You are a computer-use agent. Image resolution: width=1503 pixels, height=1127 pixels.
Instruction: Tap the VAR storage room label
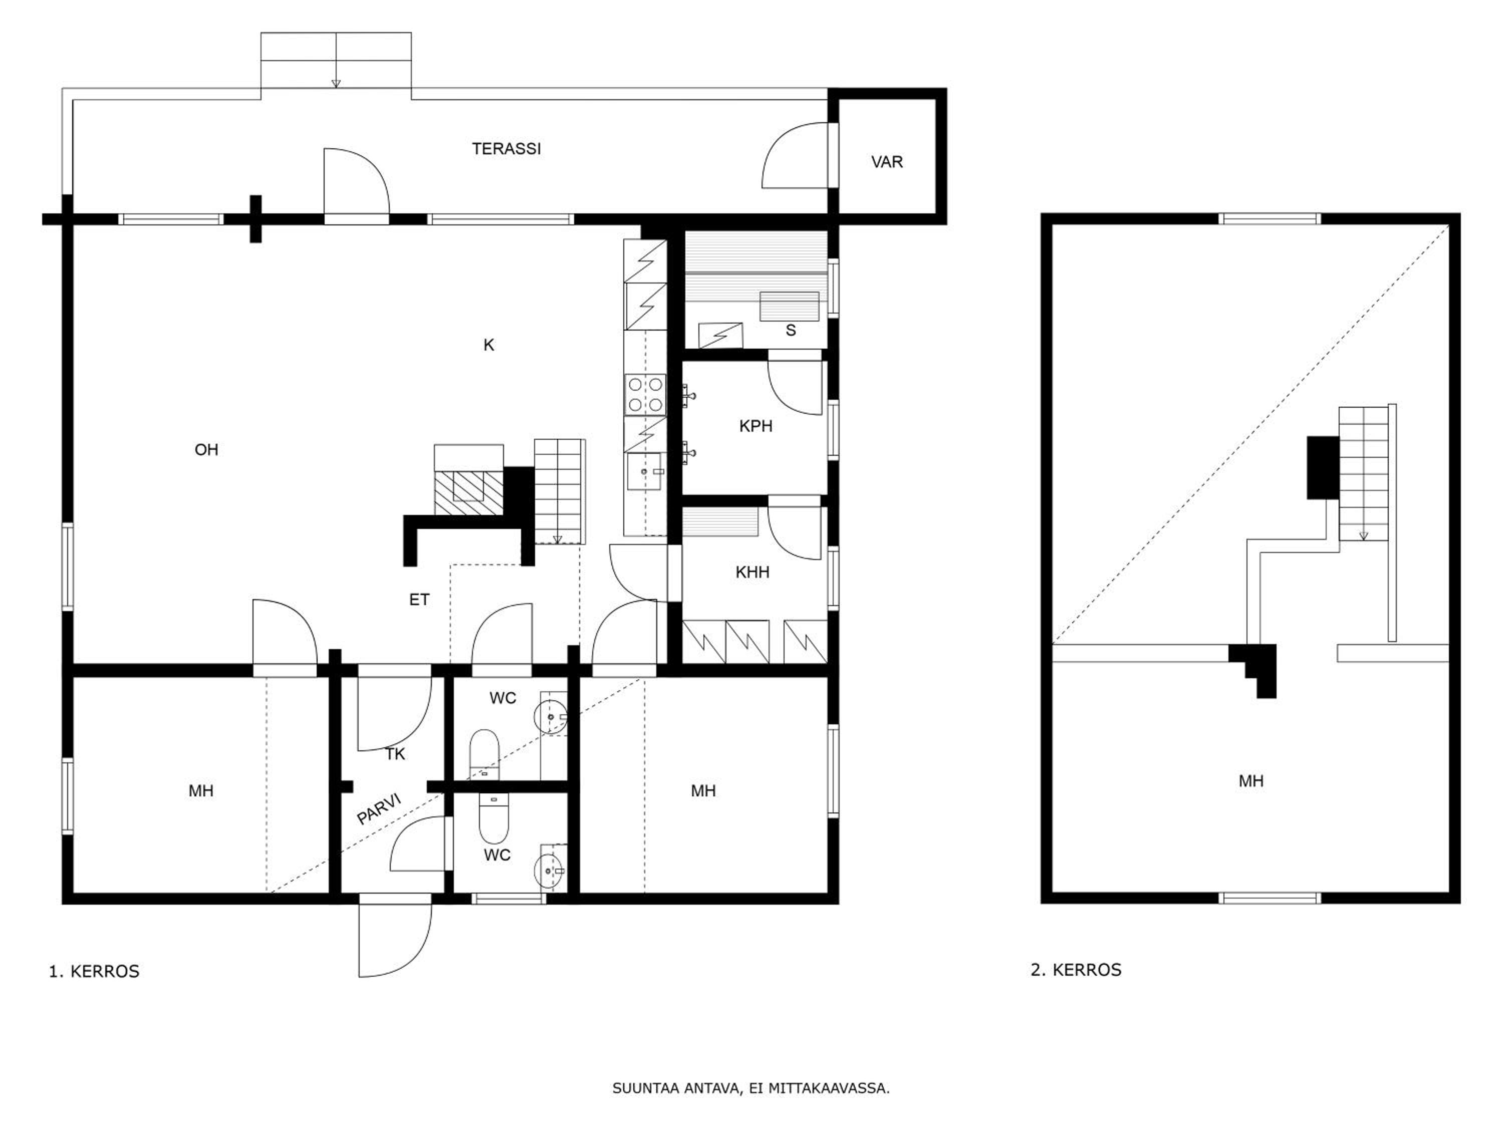[x=887, y=162]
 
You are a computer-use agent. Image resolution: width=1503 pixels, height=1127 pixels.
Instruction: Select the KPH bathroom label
[x=756, y=426]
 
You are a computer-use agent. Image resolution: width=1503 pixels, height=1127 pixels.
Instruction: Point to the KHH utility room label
[x=752, y=572]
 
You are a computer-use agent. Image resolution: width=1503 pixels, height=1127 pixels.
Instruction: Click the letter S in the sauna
[x=790, y=330]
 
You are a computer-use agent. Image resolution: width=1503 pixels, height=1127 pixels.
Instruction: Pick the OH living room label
[x=206, y=450]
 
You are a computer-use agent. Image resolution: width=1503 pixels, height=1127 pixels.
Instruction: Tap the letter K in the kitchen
[x=488, y=345]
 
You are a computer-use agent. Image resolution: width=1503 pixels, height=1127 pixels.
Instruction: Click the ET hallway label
[x=419, y=599]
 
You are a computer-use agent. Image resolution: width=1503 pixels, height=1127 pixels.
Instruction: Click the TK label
[x=395, y=754]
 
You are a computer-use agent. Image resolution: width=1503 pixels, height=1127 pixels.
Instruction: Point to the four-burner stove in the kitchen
[x=645, y=395]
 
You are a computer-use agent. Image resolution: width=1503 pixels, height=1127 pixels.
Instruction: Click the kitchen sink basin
[x=643, y=471]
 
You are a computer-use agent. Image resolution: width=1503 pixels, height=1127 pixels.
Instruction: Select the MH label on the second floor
[x=1251, y=781]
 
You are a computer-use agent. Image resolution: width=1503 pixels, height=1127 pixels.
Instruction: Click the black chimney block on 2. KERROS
[x=1323, y=467]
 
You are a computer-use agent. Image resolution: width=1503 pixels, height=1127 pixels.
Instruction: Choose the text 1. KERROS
[x=94, y=971]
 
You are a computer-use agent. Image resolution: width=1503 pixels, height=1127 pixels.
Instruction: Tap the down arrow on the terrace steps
[x=336, y=84]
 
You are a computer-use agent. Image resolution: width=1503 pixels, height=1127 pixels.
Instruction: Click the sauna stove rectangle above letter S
[x=789, y=306]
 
